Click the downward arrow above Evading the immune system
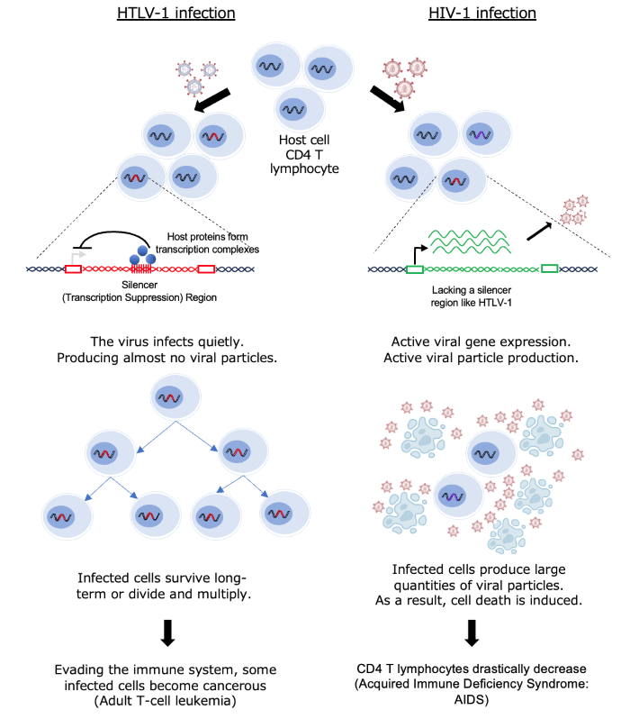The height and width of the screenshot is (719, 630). coord(167,633)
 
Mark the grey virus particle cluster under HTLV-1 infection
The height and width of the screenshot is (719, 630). coord(195,76)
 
